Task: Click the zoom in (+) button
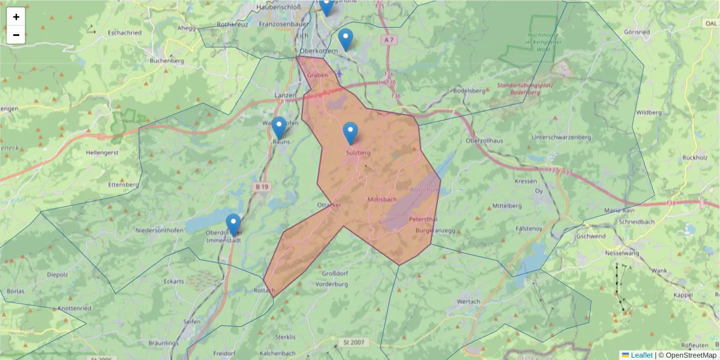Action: click(16, 17)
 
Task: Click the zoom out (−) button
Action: click(16, 35)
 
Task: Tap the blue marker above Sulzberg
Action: click(350, 133)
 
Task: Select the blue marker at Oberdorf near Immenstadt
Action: click(233, 224)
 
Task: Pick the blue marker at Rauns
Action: click(278, 127)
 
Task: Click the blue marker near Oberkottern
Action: click(346, 40)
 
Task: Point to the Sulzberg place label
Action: click(358, 153)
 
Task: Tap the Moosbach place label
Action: click(381, 199)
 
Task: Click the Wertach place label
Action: click(469, 301)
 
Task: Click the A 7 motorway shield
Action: click(389, 40)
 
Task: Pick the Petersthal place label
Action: click(423, 220)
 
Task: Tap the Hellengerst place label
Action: click(103, 152)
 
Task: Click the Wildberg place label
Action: click(649, 112)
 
